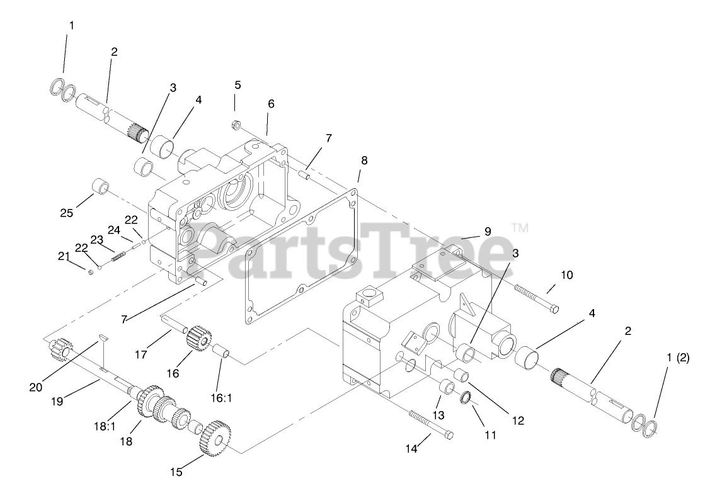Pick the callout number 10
click(x=566, y=274)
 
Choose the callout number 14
click(x=411, y=449)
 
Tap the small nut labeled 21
click(x=91, y=271)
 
